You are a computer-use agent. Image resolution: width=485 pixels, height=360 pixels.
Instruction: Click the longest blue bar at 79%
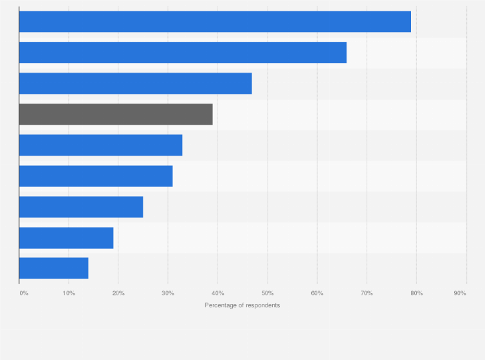click(215, 22)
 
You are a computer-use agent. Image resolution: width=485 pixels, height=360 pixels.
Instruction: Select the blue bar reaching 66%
click(183, 53)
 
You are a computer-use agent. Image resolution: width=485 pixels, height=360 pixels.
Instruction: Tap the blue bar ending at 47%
click(135, 84)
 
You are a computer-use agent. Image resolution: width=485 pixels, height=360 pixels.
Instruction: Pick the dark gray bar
click(116, 114)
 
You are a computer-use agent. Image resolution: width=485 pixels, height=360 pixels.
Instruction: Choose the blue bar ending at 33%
click(100, 145)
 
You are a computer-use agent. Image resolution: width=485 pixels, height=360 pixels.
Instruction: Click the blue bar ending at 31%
click(96, 176)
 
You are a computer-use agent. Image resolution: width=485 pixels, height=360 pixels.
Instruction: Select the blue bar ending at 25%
click(81, 207)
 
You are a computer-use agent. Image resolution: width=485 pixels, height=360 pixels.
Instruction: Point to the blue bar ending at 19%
click(66, 238)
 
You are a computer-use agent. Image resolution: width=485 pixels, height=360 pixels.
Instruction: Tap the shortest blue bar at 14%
click(53, 268)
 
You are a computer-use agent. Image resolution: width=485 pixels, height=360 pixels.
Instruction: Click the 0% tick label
click(24, 293)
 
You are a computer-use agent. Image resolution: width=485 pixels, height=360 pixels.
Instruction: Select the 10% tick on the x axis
click(68, 293)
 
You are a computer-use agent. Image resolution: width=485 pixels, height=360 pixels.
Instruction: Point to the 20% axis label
click(118, 293)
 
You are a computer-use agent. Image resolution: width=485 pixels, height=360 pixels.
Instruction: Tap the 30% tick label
click(167, 293)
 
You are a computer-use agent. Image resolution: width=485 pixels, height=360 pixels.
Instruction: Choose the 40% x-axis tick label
click(217, 293)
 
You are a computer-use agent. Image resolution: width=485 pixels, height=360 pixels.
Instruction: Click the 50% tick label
click(267, 293)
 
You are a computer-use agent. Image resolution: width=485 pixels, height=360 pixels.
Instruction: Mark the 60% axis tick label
click(316, 293)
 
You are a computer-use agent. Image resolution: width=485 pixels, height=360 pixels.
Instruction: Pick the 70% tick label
click(366, 293)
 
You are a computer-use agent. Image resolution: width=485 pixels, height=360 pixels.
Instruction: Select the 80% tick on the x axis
click(416, 293)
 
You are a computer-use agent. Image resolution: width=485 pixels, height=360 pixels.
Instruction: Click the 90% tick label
click(459, 293)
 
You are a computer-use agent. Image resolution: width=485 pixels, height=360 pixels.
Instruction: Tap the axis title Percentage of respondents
click(243, 305)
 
